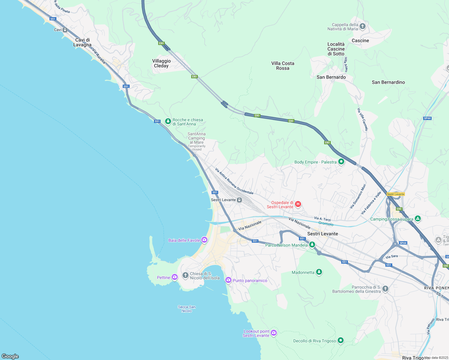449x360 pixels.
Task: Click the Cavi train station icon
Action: point(65,30)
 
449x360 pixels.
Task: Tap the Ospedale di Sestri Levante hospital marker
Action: point(298,204)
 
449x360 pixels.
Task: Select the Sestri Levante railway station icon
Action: point(239,200)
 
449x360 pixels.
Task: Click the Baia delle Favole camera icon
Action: point(204,240)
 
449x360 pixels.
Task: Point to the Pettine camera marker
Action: point(175,277)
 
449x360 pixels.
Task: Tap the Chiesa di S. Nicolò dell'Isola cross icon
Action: point(185,275)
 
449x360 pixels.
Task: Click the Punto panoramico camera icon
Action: point(228,280)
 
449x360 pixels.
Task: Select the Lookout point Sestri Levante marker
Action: point(273,333)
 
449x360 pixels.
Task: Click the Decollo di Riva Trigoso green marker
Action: point(340,340)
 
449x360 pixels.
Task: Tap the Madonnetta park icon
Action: point(319,272)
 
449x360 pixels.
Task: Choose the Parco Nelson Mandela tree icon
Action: point(312,245)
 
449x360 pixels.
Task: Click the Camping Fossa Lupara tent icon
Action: point(417,218)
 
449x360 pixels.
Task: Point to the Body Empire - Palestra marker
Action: point(341,162)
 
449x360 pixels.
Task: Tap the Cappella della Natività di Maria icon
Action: point(363,26)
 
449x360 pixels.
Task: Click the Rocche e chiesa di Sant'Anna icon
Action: point(168,121)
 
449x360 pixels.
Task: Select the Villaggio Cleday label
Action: point(161,63)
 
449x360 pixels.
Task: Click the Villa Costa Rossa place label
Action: point(283,66)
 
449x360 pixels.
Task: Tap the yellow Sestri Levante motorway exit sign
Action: point(396,194)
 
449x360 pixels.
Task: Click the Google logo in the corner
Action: point(10,356)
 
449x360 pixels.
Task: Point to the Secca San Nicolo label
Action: point(187,309)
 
